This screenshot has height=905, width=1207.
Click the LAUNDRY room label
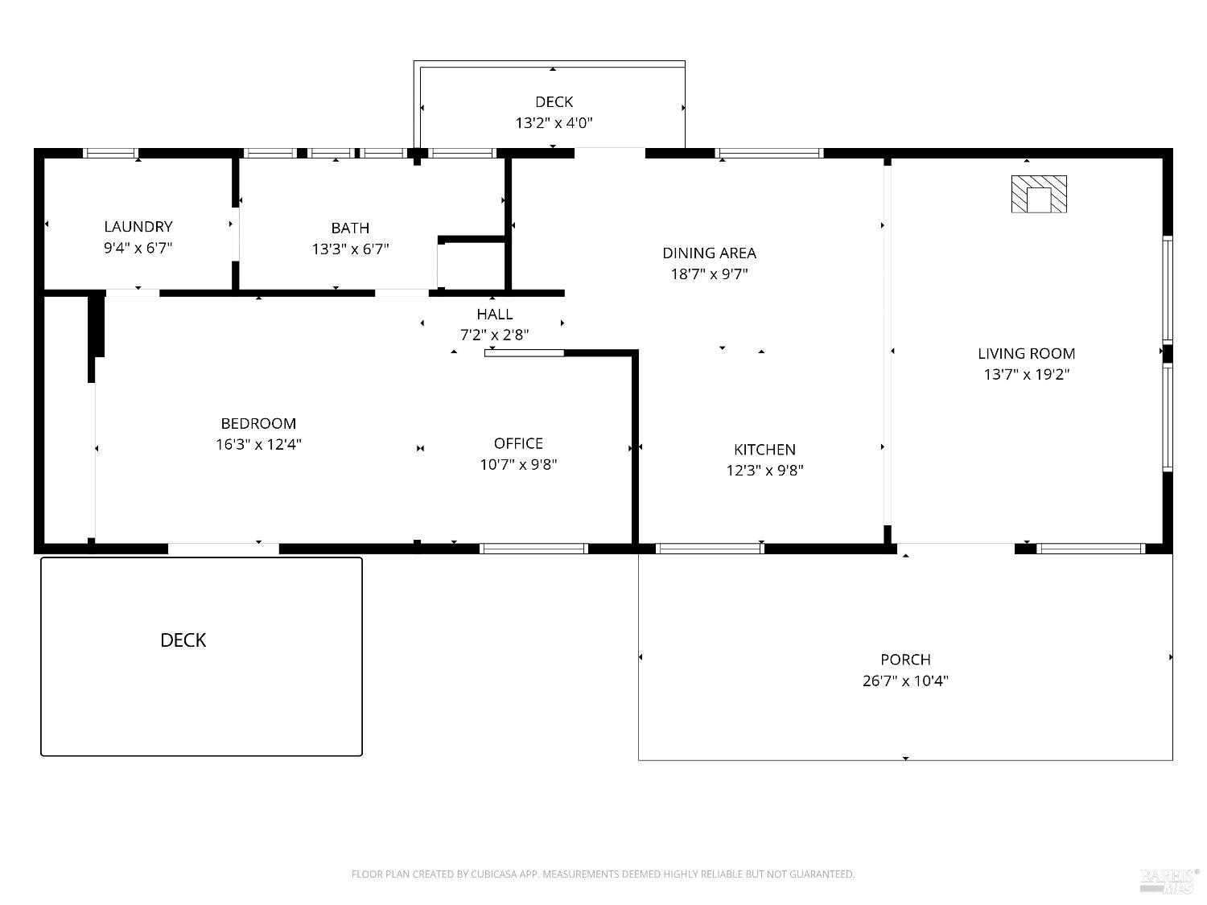pos(138,227)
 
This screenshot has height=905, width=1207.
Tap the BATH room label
pos(350,228)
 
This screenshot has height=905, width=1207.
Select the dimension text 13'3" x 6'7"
pos(350,249)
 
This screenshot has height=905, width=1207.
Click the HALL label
pos(494,314)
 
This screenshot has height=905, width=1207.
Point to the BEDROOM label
pos(258,423)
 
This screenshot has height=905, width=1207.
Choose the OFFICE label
pos(518,443)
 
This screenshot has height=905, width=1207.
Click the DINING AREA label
pos(709,253)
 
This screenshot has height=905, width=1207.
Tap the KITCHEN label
pos(764,450)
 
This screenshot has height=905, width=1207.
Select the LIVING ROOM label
pos(1026,353)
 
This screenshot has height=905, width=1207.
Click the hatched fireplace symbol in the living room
pos(1039,195)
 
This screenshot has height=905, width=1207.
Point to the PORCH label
pos(905,660)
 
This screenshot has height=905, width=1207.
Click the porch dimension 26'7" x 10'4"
pos(905,681)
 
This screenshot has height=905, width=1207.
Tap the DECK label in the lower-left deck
pos(183,640)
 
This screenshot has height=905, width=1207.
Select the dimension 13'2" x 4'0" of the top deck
pos(554,123)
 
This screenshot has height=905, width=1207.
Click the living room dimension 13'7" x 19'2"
pos(1026,374)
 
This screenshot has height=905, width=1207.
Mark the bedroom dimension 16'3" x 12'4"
pos(258,444)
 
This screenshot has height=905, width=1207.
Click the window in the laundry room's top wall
pos(111,153)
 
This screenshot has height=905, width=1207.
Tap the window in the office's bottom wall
pos(533,549)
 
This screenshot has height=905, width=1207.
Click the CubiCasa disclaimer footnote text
pos(603,874)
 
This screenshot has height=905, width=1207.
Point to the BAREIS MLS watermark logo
pos(1169,880)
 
